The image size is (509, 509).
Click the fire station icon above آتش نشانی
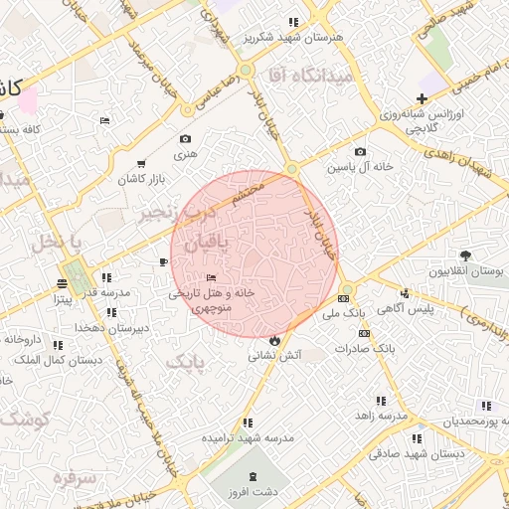273,339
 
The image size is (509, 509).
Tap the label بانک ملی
345,312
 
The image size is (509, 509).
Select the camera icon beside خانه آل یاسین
360,152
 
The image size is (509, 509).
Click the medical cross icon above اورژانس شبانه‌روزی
423,98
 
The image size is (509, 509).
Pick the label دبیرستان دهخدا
113,327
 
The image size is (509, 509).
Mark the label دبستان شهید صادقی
404,452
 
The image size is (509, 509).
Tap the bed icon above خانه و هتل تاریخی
210,278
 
